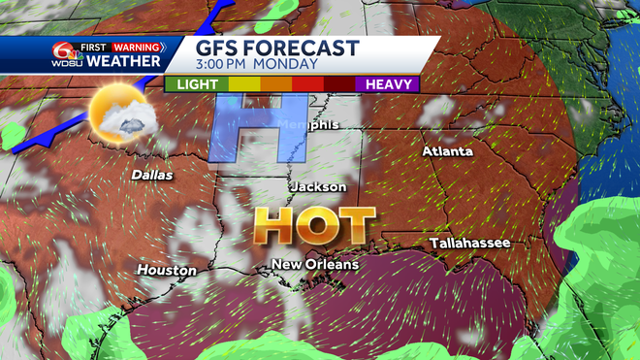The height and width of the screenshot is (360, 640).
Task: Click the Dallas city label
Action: pyautogui.click(x=152, y=176)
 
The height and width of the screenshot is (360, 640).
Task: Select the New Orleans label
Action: pyautogui.click(x=314, y=264)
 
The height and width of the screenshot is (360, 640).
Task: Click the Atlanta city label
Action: pyautogui.click(x=447, y=151)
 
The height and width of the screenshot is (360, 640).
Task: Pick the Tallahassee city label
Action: pyautogui.click(x=469, y=243)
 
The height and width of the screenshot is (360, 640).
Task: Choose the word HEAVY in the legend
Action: pyautogui.click(x=389, y=84)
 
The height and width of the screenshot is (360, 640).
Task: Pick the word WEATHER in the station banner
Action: pyautogui.click(x=123, y=62)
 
